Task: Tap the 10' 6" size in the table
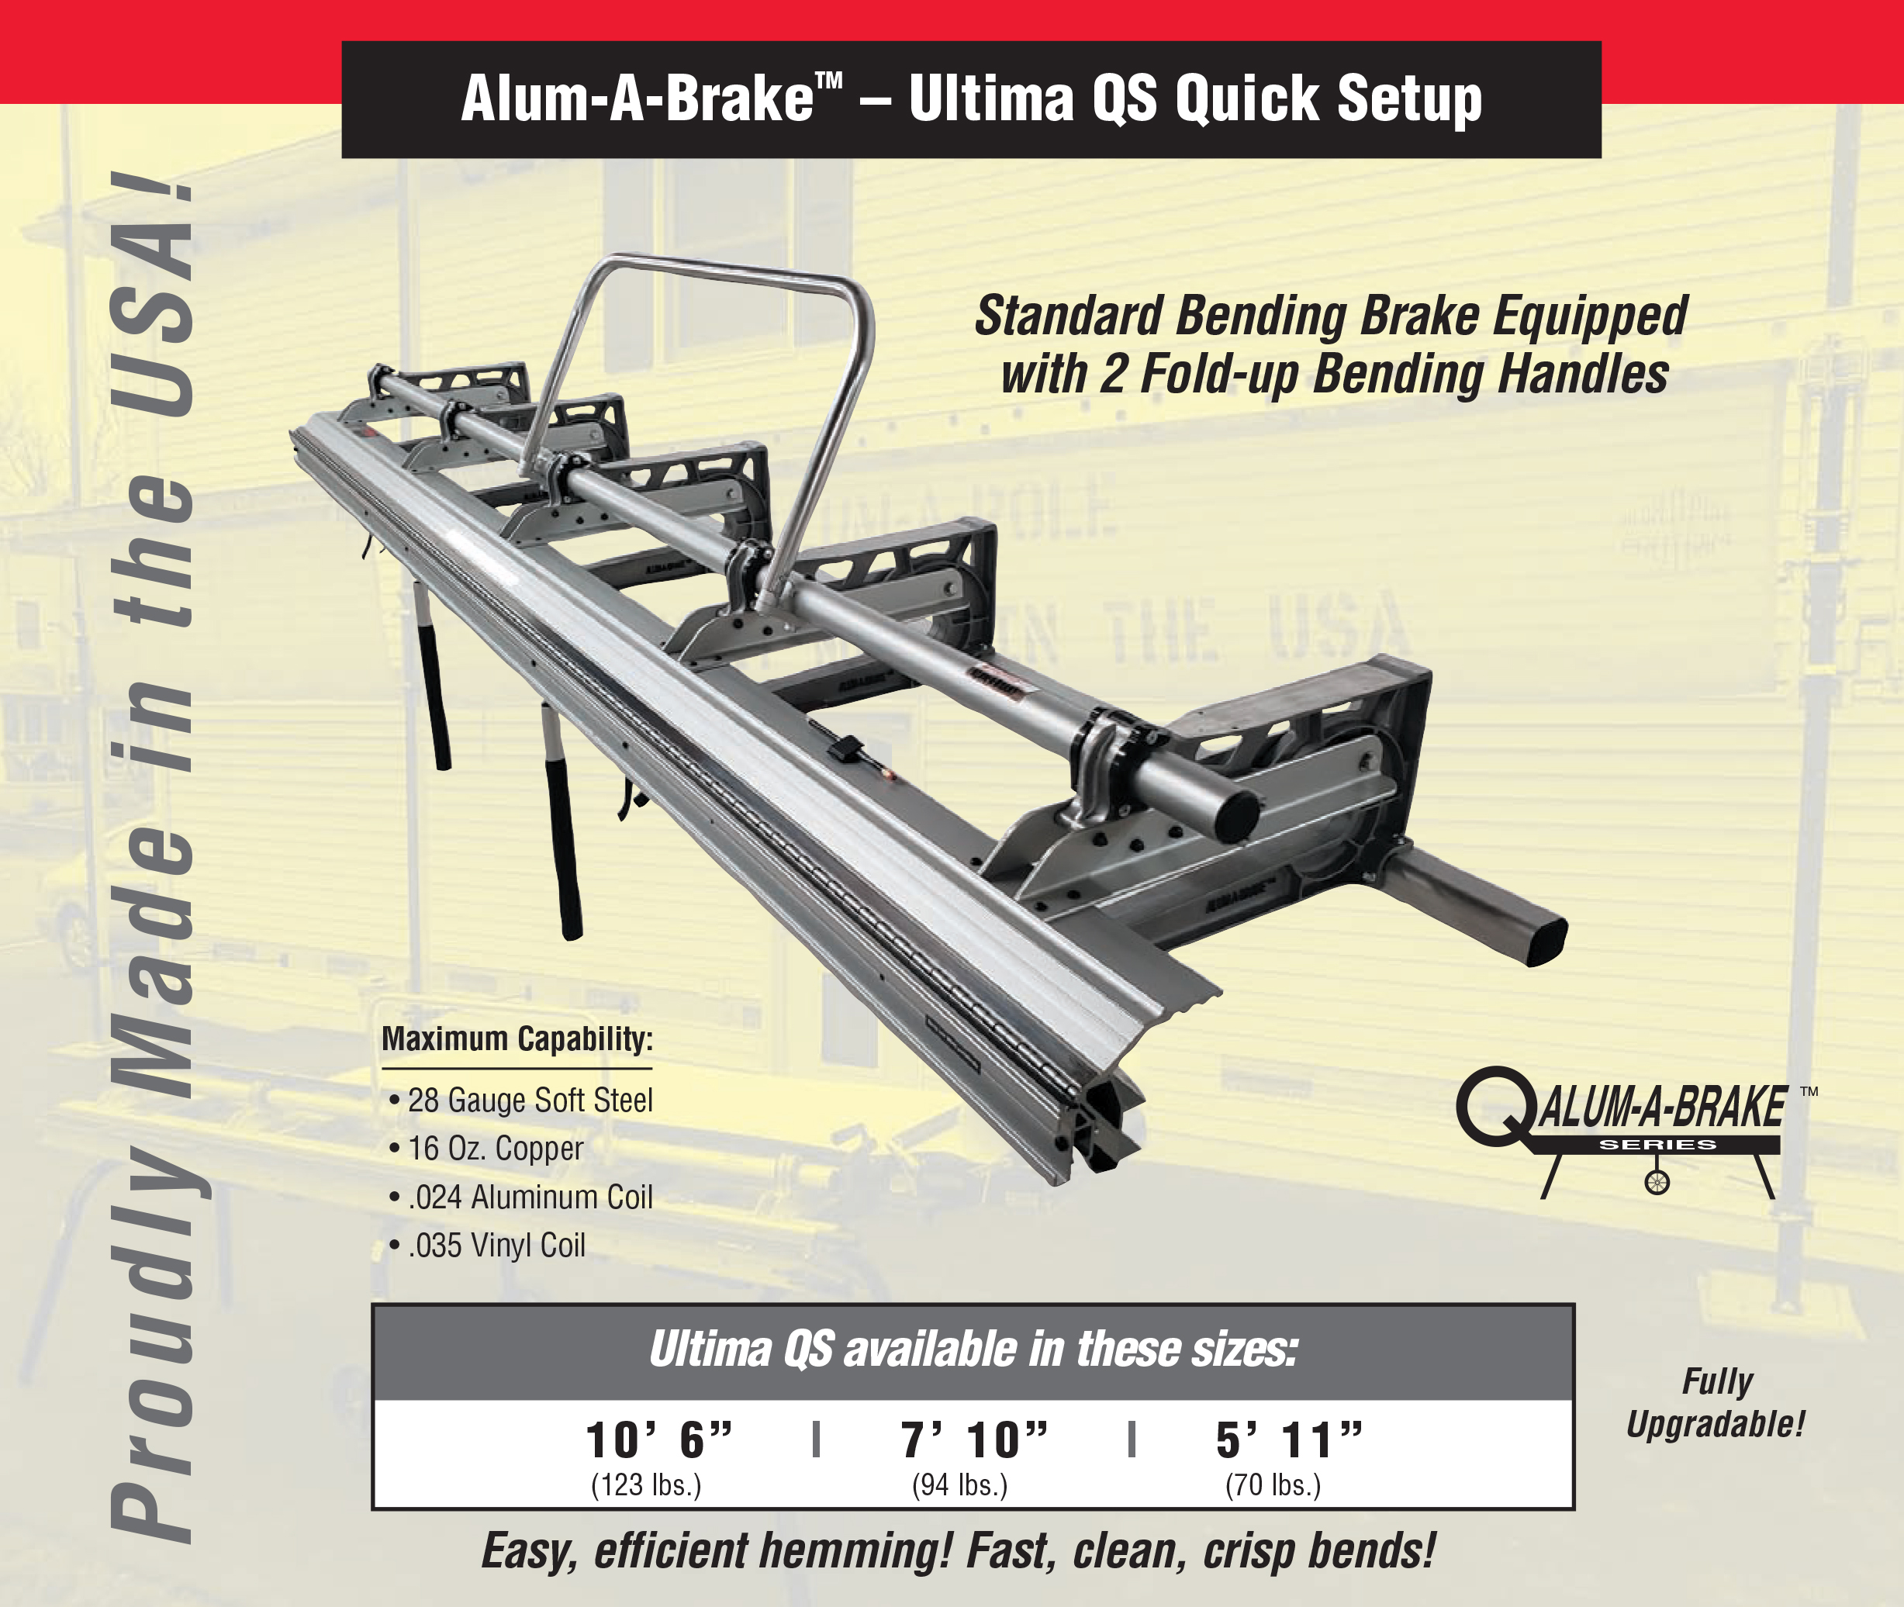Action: click(658, 1440)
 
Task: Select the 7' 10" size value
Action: click(974, 1440)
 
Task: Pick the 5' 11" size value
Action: click(1289, 1440)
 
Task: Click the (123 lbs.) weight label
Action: click(646, 1485)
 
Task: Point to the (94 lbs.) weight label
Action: click(959, 1485)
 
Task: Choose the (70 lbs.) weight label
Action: click(1273, 1485)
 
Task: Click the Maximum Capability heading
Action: click(517, 1039)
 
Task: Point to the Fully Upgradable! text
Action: click(1716, 1403)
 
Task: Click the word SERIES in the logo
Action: click(1658, 1144)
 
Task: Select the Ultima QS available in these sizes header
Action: click(973, 1350)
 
